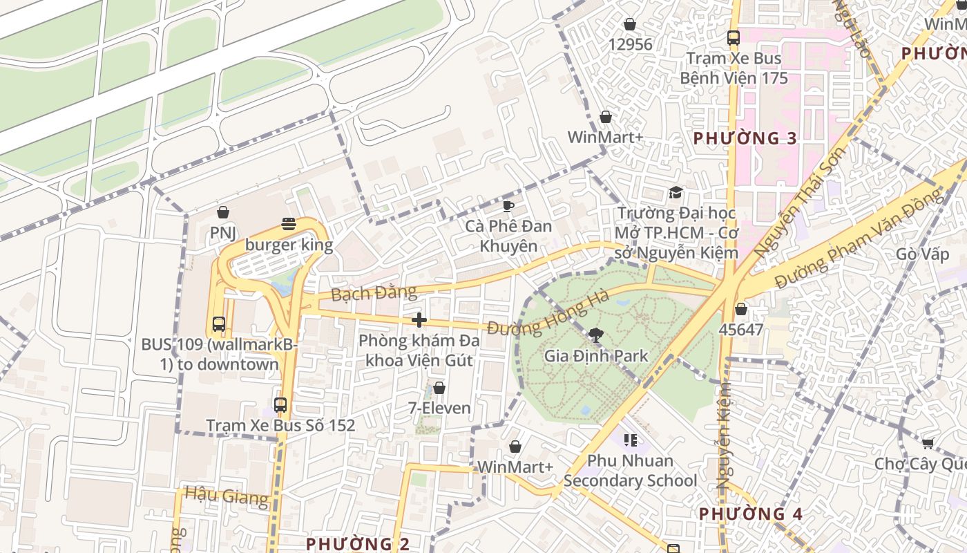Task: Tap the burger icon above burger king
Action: (289, 223)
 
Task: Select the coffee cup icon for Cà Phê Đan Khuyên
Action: (508, 206)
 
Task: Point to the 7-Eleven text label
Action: (439, 408)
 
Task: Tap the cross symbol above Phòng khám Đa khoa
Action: (419, 320)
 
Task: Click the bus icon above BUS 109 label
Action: (219, 324)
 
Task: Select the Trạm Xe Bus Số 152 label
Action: (280, 425)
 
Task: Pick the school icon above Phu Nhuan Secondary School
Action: (630, 440)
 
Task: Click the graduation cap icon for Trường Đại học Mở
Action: (676, 193)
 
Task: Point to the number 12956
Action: (630, 45)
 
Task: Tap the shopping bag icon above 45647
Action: (741, 309)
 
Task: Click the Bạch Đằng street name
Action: (374, 293)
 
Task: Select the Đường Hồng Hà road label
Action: (548, 314)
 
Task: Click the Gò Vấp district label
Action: (922, 254)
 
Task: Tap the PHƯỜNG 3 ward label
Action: (745, 138)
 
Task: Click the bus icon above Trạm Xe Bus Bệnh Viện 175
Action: (734, 39)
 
